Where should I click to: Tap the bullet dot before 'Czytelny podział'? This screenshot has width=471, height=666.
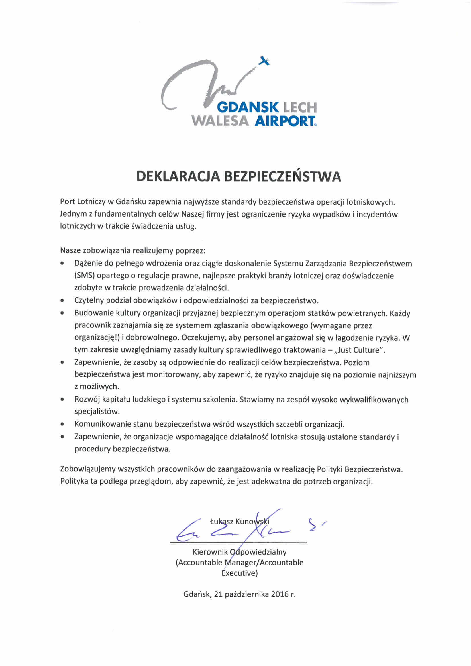click(62, 301)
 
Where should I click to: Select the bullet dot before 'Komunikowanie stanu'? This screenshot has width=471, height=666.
click(62, 424)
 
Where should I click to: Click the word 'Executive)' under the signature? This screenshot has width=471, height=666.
click(239, 573)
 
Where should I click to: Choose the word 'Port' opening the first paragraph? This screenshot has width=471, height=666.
click(67, 202)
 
